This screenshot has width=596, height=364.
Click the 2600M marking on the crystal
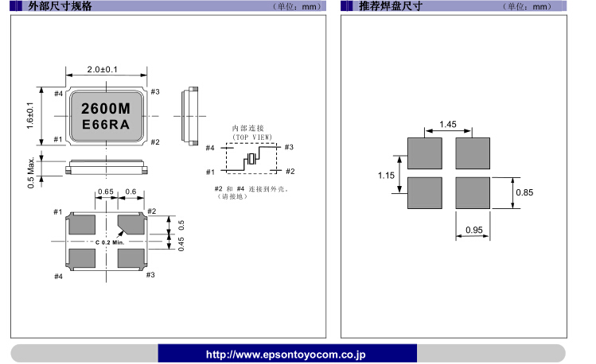pyautogui.click(x=107, y=107)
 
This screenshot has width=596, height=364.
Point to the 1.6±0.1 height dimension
pyautogui.click(x=31, y=116)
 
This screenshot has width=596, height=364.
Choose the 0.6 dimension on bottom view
pyautogui.click(x=131, y=192)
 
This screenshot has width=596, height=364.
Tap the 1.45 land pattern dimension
pyautogui.click(x=447, y=124)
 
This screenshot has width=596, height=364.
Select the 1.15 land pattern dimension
pyautogui.click(x=386, y=176)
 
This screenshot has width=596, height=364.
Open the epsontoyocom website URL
pyautogui.click(x=286, y=354)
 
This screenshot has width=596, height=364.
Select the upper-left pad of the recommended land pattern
pyautogui.click(x=424, y=153)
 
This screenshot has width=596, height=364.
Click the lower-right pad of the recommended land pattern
pyautogui.click(x=471, y=193)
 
